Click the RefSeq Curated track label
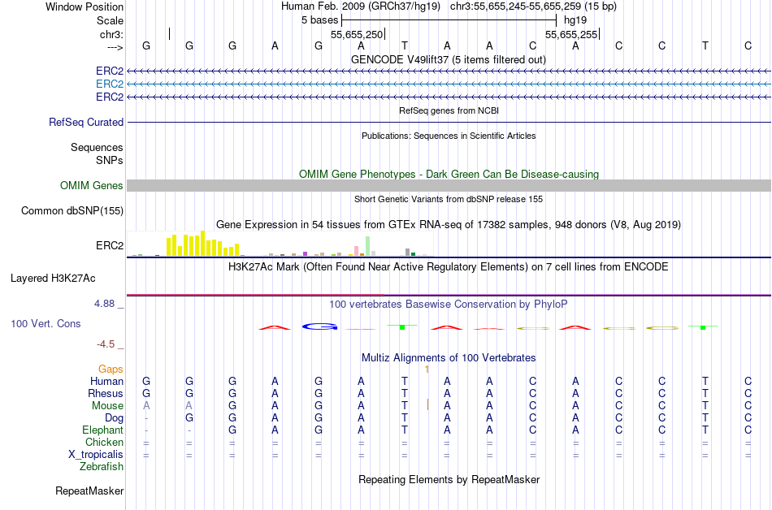pos(86,122)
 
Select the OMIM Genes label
pos(92,186)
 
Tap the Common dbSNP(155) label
pos(72,211)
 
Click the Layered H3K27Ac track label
pos(53,279)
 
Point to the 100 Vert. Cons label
pos(46,323)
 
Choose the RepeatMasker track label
pos(89,491)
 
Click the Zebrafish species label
pos(102,467)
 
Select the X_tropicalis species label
pos(96,455)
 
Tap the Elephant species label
pos(102,430)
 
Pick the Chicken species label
pos(104,443)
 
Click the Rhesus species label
pos(106,394)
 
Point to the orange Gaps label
pos(111,370)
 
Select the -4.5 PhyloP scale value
pos(111,344)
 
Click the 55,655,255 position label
pos(571,35)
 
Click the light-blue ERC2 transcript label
pos(110,84)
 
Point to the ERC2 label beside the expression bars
pos(110,245)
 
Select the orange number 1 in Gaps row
pos(427,370)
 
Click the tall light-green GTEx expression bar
pos(368,245)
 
